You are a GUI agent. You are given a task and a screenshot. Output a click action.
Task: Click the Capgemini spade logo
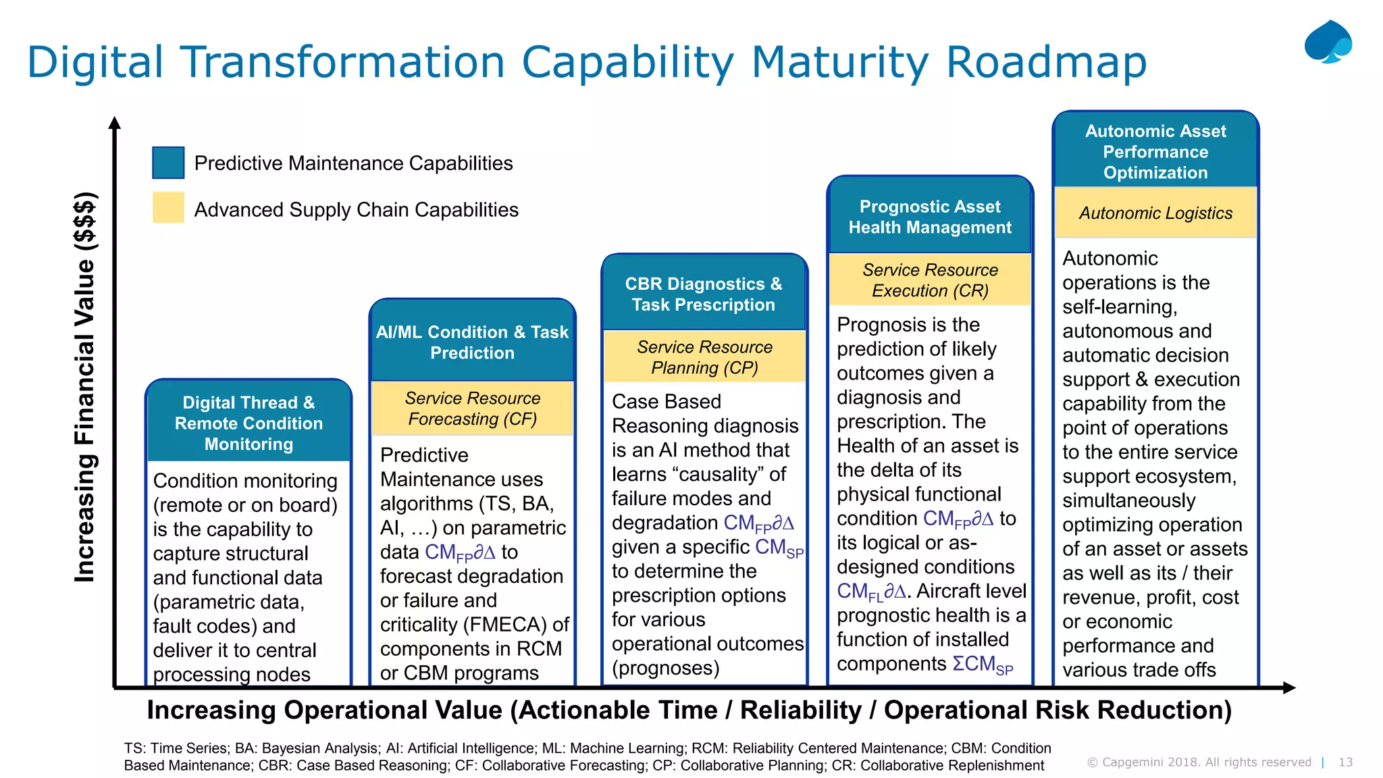click(x=1328, y=42)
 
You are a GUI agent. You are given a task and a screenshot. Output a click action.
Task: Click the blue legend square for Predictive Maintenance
click(x=168, y=163)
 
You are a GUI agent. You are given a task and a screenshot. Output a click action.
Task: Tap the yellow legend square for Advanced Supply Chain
click(x=168, y=208)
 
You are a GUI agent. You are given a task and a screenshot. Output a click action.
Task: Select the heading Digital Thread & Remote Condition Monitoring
click(x=249, y=423)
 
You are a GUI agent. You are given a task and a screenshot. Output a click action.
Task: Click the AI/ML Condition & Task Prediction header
click(x=472, y=342)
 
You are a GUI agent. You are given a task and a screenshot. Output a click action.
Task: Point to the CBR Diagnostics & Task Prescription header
click(x=704, y=294)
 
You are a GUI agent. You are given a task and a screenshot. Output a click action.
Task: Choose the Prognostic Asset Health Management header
click(x=930, y=217)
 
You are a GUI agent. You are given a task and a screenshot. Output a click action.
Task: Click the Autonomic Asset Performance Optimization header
click(x=1155, y=151)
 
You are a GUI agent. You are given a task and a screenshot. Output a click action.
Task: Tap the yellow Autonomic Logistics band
click(x=1155, y=213)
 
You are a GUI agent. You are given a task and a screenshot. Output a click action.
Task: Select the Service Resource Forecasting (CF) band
click(x=472, y=409)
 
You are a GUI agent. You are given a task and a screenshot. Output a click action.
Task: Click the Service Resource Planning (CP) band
click(x=704, y=357)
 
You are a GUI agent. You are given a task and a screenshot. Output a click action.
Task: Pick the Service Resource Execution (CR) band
click(x=930, y=280)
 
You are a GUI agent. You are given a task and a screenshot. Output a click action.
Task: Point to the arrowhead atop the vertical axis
click(x=115, y=123)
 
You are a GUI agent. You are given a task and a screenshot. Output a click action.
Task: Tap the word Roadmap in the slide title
click(x=1046, y=62)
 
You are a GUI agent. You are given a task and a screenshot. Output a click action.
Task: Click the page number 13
click(x=1345, y=762)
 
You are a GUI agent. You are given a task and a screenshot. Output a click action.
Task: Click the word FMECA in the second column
click(x=505, y=625)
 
